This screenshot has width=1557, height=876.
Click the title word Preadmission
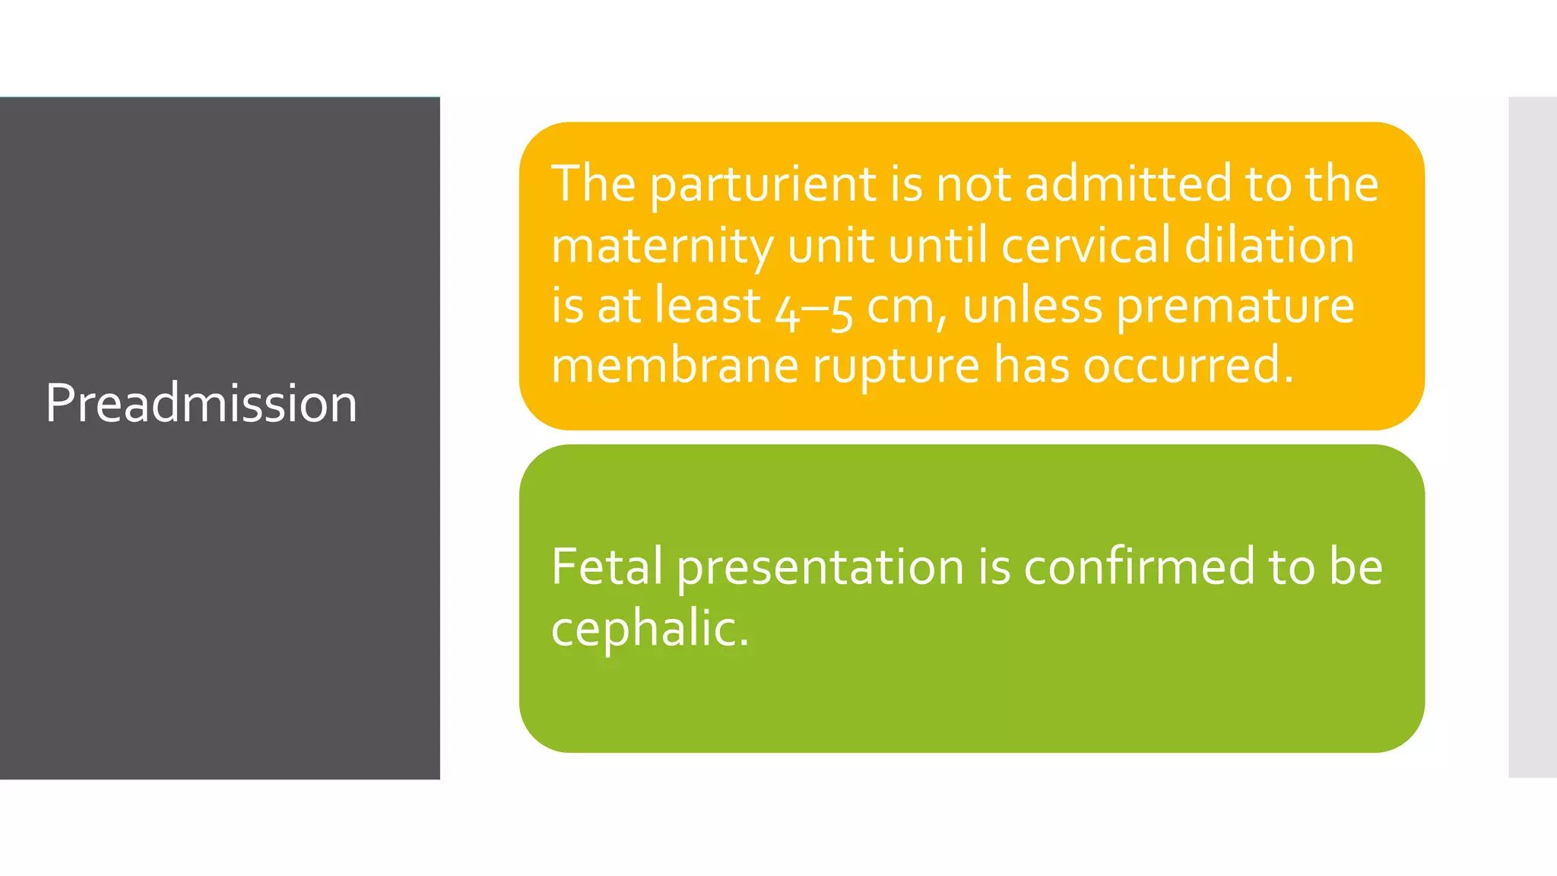201,403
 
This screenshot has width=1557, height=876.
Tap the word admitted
1127,185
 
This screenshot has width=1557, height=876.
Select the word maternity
661,246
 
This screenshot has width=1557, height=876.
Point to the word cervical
1085,246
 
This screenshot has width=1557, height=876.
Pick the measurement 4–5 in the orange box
813,307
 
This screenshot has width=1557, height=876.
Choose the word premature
1235,307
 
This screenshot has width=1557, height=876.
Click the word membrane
674,366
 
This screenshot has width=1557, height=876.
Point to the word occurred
1187,366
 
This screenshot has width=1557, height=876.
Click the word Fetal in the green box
607,567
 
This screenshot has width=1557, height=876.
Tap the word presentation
820,568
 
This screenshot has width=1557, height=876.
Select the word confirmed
1139,567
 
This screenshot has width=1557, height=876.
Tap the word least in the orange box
708,306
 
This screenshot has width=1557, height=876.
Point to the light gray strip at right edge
1532,437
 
